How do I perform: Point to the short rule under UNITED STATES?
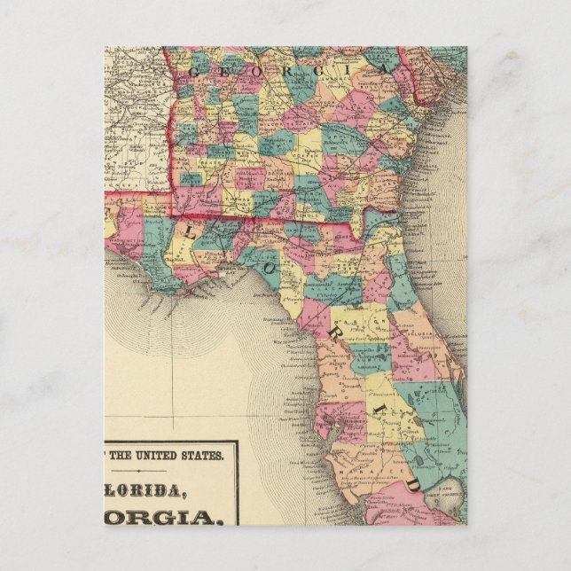click(x=168, y=467)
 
